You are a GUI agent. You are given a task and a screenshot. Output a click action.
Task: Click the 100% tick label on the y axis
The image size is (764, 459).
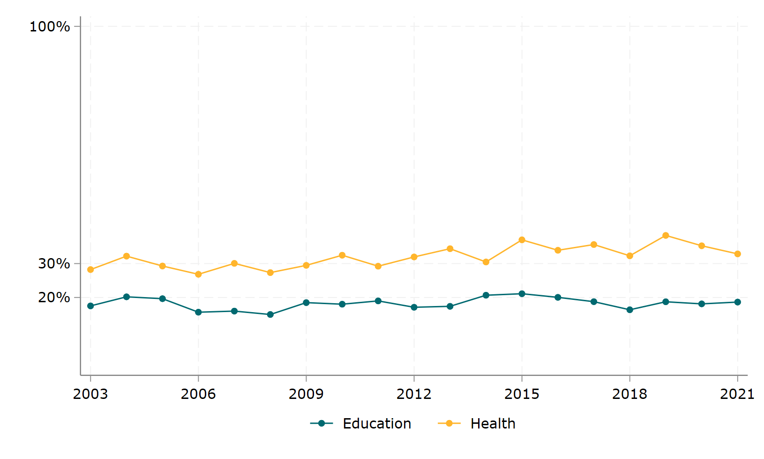click(50, 27)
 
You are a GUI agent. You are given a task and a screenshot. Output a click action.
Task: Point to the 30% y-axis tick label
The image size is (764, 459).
click(54, 264)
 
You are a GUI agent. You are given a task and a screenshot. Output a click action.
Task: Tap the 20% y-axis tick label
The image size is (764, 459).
click(54, 298)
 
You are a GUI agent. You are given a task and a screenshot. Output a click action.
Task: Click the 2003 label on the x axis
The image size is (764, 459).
click(90, 394)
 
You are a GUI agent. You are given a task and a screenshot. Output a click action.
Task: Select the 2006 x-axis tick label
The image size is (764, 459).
click(198, 394)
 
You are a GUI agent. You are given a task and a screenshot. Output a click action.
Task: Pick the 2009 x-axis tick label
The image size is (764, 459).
click(306, 394)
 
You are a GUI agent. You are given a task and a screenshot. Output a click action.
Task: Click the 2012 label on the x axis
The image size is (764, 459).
click(414, 394)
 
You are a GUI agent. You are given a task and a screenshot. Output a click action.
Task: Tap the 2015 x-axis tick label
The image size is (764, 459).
click(522, 394)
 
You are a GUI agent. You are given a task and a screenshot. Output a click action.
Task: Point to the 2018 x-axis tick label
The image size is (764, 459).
click(629, 394)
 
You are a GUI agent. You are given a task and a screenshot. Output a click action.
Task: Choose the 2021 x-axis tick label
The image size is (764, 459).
click(737, 394)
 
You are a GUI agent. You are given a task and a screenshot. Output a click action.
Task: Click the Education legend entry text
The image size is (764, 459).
click(377, 424)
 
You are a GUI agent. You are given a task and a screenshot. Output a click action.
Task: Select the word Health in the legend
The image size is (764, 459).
click(493, 424)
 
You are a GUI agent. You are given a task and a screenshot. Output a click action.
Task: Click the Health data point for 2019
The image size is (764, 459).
click(666, 236)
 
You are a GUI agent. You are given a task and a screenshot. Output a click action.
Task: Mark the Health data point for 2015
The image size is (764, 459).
click(522, 240)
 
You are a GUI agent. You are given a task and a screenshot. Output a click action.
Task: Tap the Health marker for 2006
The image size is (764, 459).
click(198, 274)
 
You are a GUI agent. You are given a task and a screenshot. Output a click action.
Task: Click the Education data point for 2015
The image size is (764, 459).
click(522, 294)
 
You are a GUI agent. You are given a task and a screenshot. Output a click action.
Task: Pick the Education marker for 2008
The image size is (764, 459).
click(270, 314)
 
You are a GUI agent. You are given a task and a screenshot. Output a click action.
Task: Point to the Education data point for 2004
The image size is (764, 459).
click(127, 297)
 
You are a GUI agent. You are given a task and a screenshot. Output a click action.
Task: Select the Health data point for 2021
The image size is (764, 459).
click(737, 254)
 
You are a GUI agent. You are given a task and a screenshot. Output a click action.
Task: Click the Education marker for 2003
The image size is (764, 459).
click(90, 306)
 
